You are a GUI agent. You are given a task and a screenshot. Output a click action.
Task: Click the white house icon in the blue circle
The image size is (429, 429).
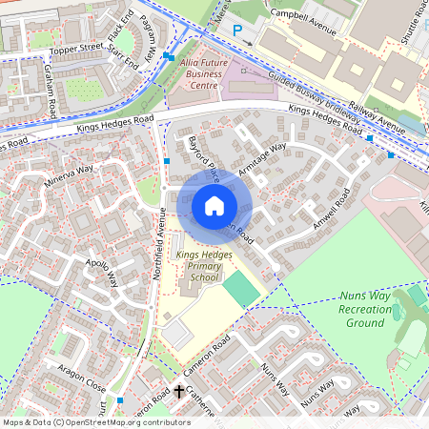pos(214,206)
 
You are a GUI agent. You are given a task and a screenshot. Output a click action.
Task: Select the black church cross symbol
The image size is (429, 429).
pos(179,391)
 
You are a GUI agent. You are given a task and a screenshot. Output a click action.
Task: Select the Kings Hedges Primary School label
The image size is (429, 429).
pos(197,266)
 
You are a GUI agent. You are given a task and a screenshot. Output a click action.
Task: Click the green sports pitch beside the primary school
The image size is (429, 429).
pos(240,288)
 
